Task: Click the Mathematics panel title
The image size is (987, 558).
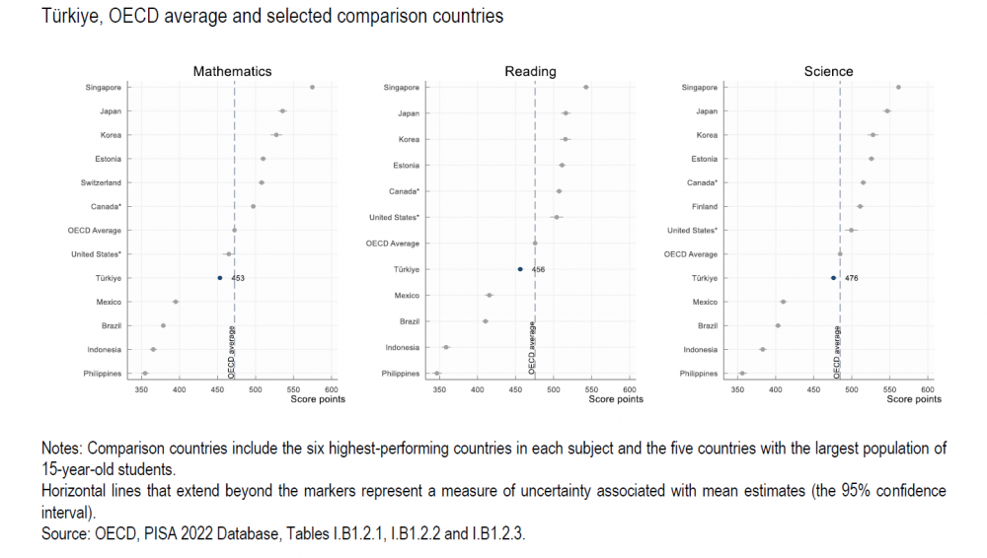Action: (x=232, y=71)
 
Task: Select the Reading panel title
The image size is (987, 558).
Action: (x=530, y=71)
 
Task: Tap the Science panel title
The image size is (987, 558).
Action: (x=828, y=71)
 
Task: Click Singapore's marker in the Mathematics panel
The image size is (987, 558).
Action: (x=312, y=87)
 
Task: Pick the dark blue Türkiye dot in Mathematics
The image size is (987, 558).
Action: (x=220, y=278)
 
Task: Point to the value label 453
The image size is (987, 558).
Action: (x=238, y=278)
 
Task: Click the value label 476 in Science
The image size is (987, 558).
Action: (x=852, y=278)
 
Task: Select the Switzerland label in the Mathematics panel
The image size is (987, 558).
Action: (x=101, y=182)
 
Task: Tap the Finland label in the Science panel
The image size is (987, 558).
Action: (x=705, y=206)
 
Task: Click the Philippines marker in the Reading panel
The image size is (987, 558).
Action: (x=436, y=374)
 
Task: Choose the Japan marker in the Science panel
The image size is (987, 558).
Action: (x=887, y=110)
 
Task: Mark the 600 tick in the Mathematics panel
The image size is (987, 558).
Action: (x=332, y=390)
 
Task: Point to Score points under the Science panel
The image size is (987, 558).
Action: (x=913, y=399)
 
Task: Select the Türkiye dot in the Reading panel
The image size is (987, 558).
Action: (x=520, y=269)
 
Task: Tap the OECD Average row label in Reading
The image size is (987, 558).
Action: (x=393, y=244)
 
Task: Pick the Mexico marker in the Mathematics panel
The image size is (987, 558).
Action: (x=176, y=302)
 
